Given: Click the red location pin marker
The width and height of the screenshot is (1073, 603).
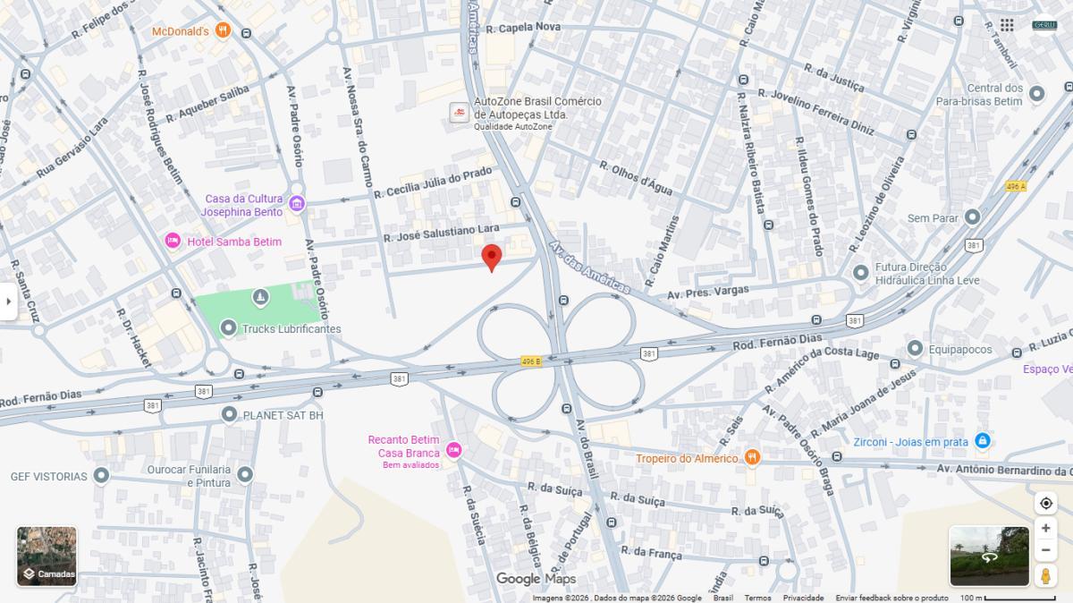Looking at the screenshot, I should pos(491,257).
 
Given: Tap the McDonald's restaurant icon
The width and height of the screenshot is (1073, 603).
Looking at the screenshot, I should pos(223,31).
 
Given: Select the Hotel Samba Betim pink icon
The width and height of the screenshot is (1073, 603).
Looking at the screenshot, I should pos(173,242).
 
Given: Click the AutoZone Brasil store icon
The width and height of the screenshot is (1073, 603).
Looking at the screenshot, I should pos(459,114).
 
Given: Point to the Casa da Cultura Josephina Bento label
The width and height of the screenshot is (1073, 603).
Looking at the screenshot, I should pos(243,205).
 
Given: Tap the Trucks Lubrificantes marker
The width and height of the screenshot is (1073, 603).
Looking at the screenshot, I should pos(229,329).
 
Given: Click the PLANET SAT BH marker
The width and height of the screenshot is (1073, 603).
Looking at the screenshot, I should pos(229,414).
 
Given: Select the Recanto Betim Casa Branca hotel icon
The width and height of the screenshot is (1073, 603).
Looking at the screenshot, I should pos(453,450).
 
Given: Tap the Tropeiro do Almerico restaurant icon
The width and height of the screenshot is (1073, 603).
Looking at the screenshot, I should pos(752,458).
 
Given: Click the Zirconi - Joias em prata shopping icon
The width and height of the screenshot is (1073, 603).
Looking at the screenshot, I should pos(982,441).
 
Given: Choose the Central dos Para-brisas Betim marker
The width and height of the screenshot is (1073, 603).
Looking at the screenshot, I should pos(1037,94).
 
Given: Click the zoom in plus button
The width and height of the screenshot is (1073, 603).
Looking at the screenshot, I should pos(1045,528).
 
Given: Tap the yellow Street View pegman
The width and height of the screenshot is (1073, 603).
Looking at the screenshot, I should pos(1045,575).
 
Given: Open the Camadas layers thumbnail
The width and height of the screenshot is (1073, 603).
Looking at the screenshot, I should pos(46,556).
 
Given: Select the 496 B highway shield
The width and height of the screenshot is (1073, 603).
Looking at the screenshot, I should pos(531,361).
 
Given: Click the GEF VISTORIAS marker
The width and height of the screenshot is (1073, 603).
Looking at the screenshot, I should pos(101,476).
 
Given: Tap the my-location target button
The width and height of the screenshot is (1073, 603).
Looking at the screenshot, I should pos(1045,503).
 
